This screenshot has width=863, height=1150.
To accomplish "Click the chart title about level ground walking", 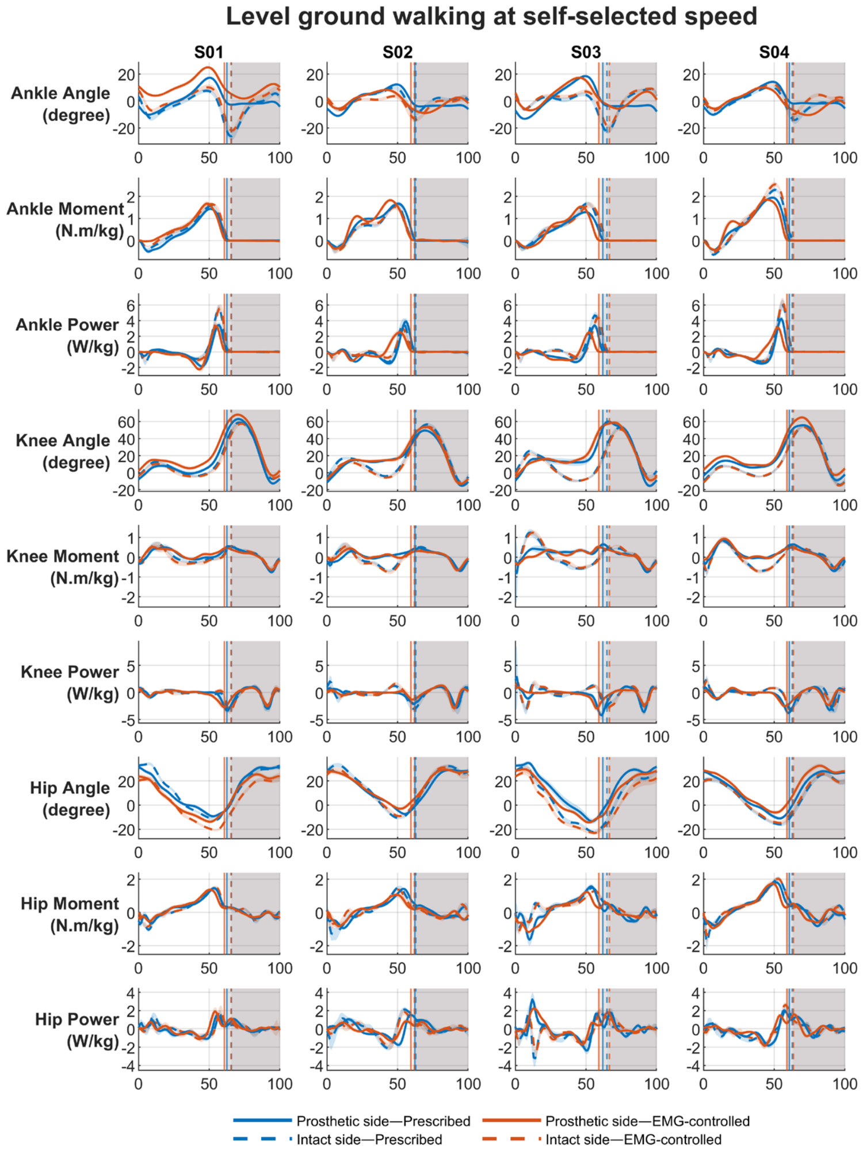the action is pos(491,17).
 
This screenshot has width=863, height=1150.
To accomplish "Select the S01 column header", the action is pos(208,53).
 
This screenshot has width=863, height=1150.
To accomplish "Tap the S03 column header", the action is pos(586,53).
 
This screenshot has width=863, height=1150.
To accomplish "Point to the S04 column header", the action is pos(774,53).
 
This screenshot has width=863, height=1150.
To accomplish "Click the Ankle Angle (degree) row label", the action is pos(61,104).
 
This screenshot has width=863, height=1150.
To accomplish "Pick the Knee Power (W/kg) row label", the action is pos(70,683).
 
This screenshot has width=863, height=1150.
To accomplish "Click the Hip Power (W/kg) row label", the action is pos(77,1030).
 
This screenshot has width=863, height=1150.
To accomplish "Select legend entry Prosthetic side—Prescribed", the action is pos(352,1121).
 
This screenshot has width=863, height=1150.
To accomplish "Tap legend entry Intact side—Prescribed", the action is pos(338,1139).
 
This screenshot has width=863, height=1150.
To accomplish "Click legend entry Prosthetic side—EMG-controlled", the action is pos(616,1121).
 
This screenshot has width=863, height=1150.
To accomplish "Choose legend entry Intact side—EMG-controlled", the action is pos(602,1139).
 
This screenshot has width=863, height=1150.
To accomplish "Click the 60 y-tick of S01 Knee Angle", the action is pos(126,422).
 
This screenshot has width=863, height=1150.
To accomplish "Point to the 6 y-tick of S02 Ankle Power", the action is pos(319,305).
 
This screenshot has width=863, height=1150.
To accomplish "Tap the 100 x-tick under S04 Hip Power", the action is pos(845,1084).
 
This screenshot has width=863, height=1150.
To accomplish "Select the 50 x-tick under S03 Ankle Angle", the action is pos(586,158).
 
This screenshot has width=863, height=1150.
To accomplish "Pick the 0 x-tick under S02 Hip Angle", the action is pos(327,852).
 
